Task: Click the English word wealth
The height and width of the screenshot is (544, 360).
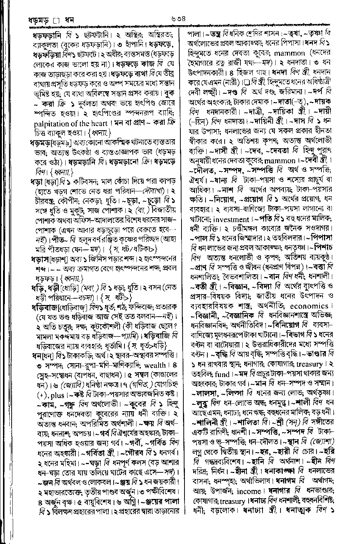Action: pos(154,365)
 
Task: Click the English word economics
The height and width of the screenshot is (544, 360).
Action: pos(309,306)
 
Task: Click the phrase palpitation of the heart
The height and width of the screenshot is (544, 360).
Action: pos(67,123)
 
